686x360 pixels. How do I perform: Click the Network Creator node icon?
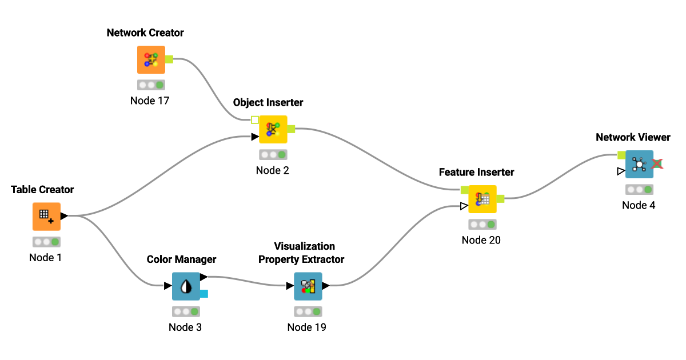pos(151,60)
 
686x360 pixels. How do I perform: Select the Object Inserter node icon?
pos(273,129)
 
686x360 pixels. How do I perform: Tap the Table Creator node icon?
pos(46,217)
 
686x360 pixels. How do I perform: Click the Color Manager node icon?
pos(186,286)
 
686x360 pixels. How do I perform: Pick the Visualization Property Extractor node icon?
pos(308,286)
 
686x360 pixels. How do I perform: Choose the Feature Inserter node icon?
pos(482,199)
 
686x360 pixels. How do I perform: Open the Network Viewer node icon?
pos(639,164)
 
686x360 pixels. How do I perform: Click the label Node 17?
pos(150,101)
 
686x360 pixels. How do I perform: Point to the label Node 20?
pos(481,240)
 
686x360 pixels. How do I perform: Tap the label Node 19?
pos(306,327)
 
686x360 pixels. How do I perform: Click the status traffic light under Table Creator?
pos(46,242)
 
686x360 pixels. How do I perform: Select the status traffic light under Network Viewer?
pos(639,190)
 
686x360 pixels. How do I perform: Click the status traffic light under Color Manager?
pos(186,311)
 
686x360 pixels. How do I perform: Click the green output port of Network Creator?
pos(169,59)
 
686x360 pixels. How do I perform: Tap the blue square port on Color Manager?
pos(204,294)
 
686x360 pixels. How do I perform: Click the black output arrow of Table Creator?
pos(64,216)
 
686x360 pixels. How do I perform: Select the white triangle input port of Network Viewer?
pos(621,171)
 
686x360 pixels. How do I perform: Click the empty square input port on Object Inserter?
pos(255,120)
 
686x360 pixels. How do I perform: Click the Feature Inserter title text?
pos(476,172)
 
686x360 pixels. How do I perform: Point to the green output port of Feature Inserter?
pos(501,198)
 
